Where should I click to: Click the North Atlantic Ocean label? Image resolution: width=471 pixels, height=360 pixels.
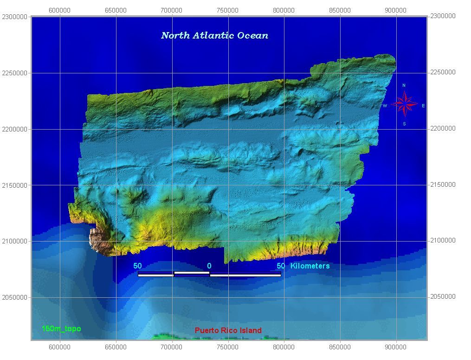(214, 36)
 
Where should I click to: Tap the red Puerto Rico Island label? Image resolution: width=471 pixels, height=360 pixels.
(228, 331)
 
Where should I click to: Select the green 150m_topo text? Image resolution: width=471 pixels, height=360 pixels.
(61, 329)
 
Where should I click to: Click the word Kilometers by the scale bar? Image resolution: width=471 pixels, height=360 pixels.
(310, 266)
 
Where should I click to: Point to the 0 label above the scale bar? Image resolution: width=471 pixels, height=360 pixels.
(209, 266)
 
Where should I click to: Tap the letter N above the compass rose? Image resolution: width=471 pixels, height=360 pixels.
(404, 85)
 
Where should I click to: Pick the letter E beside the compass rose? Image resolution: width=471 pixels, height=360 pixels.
(423, 106)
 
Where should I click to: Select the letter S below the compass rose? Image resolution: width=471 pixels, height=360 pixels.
(404, 124)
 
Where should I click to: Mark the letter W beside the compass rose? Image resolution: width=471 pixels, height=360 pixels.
(385, 106)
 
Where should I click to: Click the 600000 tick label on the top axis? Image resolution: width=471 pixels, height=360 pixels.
(59, 10)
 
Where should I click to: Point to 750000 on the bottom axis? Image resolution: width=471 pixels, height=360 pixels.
(228, 347)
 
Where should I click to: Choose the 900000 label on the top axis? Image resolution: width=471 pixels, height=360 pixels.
(396, 10)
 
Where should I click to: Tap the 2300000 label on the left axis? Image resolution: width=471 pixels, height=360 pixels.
(15, 17)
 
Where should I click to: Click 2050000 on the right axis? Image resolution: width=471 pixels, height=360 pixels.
(443, 297)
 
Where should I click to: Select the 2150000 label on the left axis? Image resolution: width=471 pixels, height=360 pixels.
(15, 185)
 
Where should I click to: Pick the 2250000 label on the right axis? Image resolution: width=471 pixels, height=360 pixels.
(443, 72)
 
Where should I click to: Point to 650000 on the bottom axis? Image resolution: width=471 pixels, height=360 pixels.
(116, 347)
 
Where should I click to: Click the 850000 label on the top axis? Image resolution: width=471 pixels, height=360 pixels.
(340, 10)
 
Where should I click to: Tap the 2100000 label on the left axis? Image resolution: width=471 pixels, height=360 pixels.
(15, 242)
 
